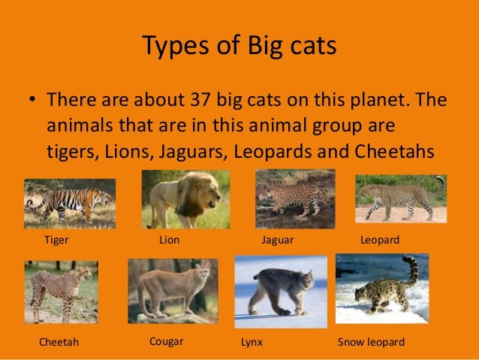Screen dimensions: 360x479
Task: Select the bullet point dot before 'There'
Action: click(32, 100)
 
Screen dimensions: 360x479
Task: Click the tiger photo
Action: click(69, 203)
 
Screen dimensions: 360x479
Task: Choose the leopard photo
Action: click(400, 198)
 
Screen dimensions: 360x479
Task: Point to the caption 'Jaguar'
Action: click(276, 240)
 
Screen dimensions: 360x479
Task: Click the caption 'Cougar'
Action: click(167, 340)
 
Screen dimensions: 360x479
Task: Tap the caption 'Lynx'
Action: click(251, 342)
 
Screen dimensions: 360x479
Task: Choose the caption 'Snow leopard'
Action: click(371, 342)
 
